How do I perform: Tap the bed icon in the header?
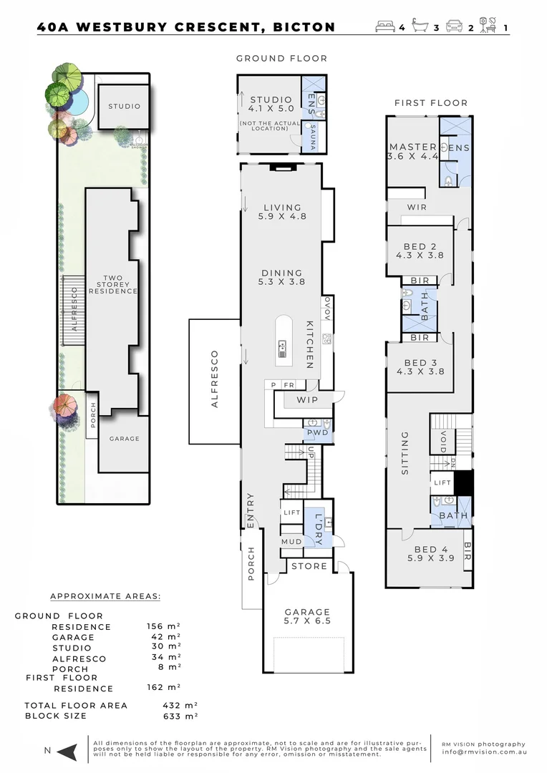pos(385,27)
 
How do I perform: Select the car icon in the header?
pos(454,27)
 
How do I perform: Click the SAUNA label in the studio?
pos(312,137)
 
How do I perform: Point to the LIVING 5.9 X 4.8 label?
pos(284,210)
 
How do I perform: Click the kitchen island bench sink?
pos(283,349)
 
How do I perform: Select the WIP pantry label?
pos(307,399)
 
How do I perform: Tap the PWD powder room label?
pos(317,433)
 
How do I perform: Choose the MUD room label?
pos(291,542)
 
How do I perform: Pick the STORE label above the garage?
pos(309,566)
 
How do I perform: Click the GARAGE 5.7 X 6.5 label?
pos(307,617)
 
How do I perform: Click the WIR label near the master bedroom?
pos(417,207)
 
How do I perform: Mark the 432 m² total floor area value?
pos(180,705)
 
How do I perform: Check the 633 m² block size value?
pos(180,716)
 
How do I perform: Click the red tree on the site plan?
pos(64,407)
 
